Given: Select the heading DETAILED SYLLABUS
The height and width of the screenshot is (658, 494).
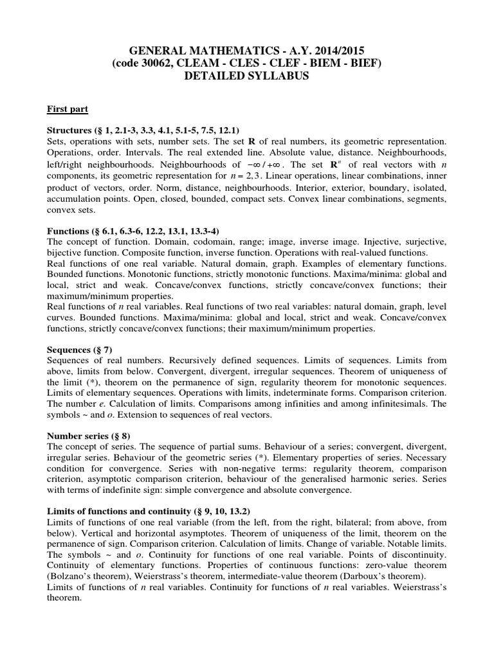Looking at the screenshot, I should [247, 76].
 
